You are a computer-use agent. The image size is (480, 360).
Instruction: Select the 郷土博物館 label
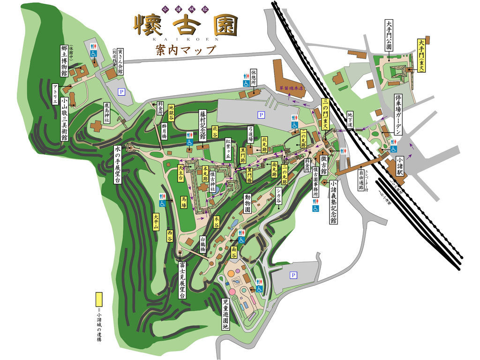[64, 60]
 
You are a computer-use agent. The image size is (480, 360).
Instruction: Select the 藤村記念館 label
[202, 125]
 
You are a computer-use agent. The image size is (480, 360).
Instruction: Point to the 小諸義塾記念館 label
[333, 202]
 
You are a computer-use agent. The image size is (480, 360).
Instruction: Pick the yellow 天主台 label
[180, 172]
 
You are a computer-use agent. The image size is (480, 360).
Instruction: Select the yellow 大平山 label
[157, 222]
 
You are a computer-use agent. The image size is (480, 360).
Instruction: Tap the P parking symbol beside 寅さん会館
[121, 92]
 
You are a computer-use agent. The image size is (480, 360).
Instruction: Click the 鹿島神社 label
[108, 112]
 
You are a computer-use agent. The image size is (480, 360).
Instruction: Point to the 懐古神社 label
[212, 181]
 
